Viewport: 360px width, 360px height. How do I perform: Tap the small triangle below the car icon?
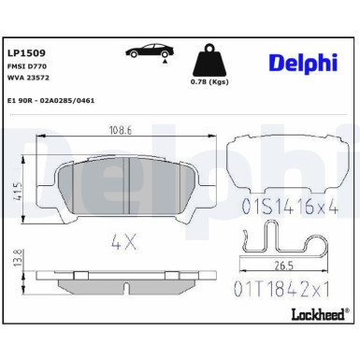click(166, 64)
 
